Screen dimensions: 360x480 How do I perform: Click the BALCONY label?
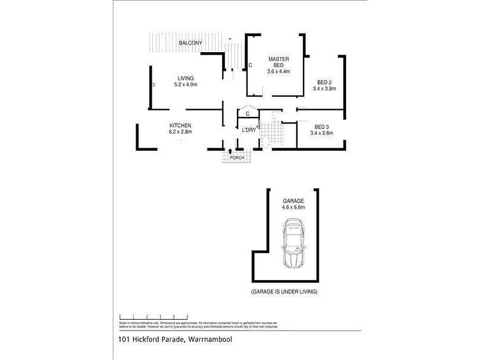190,44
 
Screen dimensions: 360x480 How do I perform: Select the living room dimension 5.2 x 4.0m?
185,85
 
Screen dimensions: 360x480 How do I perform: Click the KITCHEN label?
180,125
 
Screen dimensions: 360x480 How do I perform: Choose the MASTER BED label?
278,62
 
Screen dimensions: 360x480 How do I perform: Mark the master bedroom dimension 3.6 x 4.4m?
278,71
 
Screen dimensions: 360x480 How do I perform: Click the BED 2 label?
324,82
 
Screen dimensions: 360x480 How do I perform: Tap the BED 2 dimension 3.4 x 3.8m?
324,89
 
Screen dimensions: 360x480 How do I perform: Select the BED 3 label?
322,127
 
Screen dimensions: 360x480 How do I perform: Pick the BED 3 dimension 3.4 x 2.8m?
322,133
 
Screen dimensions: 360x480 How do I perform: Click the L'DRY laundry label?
249,130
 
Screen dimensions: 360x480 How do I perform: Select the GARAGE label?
293,201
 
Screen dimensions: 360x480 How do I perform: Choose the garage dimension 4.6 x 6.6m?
293,208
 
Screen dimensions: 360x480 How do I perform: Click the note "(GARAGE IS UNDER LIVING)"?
284,292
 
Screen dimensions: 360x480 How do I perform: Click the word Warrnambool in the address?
210,340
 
